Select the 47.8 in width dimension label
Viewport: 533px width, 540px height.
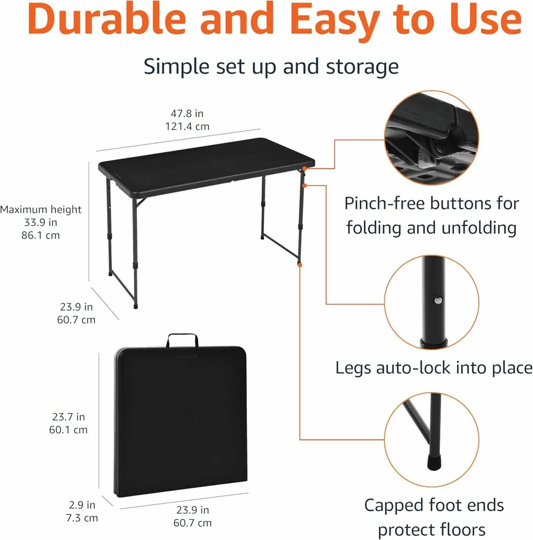coord(187,113)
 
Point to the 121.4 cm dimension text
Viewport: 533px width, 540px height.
coord(187,126)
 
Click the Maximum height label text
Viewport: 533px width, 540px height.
coord(40,209)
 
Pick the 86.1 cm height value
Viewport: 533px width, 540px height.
coord(40,235)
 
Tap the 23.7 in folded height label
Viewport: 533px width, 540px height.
coord(68,417)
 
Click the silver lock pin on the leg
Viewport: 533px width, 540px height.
coord(436,301)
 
